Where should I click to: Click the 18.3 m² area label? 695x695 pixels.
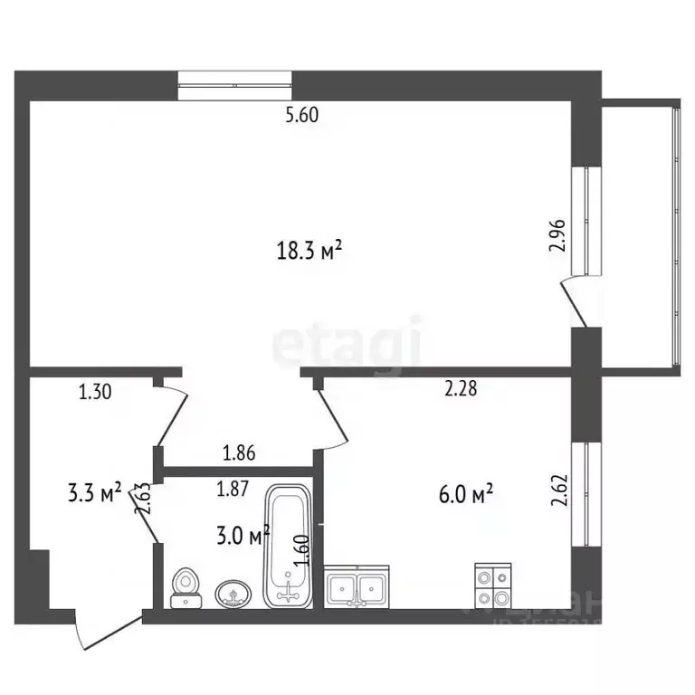(309, 251)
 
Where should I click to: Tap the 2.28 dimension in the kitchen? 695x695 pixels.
(461, 389)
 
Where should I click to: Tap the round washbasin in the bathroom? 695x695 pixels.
(233, 594)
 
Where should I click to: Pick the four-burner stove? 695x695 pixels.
(493, 586)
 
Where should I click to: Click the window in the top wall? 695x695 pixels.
(235, 85)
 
